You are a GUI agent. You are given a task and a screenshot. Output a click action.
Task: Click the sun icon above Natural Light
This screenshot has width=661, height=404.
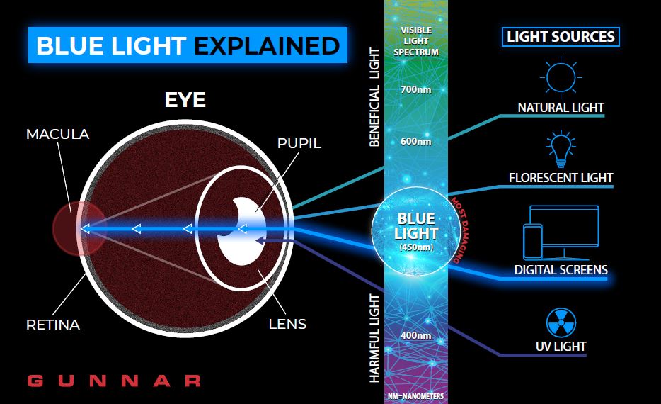(x=561, y=77)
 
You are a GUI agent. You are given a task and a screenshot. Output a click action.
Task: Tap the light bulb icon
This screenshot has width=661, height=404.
(x=561, y=149)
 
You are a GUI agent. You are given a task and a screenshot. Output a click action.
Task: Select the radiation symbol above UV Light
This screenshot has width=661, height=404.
(x=561, y=322)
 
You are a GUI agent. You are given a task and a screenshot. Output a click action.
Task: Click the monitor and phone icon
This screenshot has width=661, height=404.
(x=561, y=232)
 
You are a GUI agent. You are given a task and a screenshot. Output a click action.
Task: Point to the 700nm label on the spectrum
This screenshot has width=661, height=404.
(x=415, y=89)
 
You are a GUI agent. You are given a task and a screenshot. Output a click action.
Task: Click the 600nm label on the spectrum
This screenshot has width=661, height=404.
(x=415, y=142)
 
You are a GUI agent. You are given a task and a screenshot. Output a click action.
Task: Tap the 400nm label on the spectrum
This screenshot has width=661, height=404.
(x=415, y=336)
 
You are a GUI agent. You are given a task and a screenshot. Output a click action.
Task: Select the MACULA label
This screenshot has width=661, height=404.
(x=58, y=134)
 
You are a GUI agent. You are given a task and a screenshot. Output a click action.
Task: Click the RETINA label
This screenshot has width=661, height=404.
(x=53, y=325)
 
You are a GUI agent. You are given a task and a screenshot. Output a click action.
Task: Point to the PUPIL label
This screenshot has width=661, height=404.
(x=299, y=144)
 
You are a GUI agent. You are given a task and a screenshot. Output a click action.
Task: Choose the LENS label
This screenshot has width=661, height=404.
(x=287, y=324)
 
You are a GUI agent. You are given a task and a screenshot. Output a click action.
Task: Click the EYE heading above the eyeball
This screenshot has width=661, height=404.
(x=185, y=100)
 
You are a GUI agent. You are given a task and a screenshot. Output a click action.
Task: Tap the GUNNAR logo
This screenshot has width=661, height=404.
(x=114, y=381)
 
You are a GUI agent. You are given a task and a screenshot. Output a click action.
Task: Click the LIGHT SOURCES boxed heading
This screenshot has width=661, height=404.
(x=561, y=37)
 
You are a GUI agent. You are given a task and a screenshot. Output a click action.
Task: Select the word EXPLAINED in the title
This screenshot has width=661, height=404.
(x=267, y=45)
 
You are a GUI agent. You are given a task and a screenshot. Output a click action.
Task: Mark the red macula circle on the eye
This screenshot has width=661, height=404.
(x=79, y=228)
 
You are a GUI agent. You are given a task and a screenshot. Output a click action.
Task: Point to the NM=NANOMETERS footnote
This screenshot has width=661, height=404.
(x=415, y=396)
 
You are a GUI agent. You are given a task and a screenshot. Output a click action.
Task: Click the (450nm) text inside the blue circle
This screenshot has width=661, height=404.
(x=416, y=247)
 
